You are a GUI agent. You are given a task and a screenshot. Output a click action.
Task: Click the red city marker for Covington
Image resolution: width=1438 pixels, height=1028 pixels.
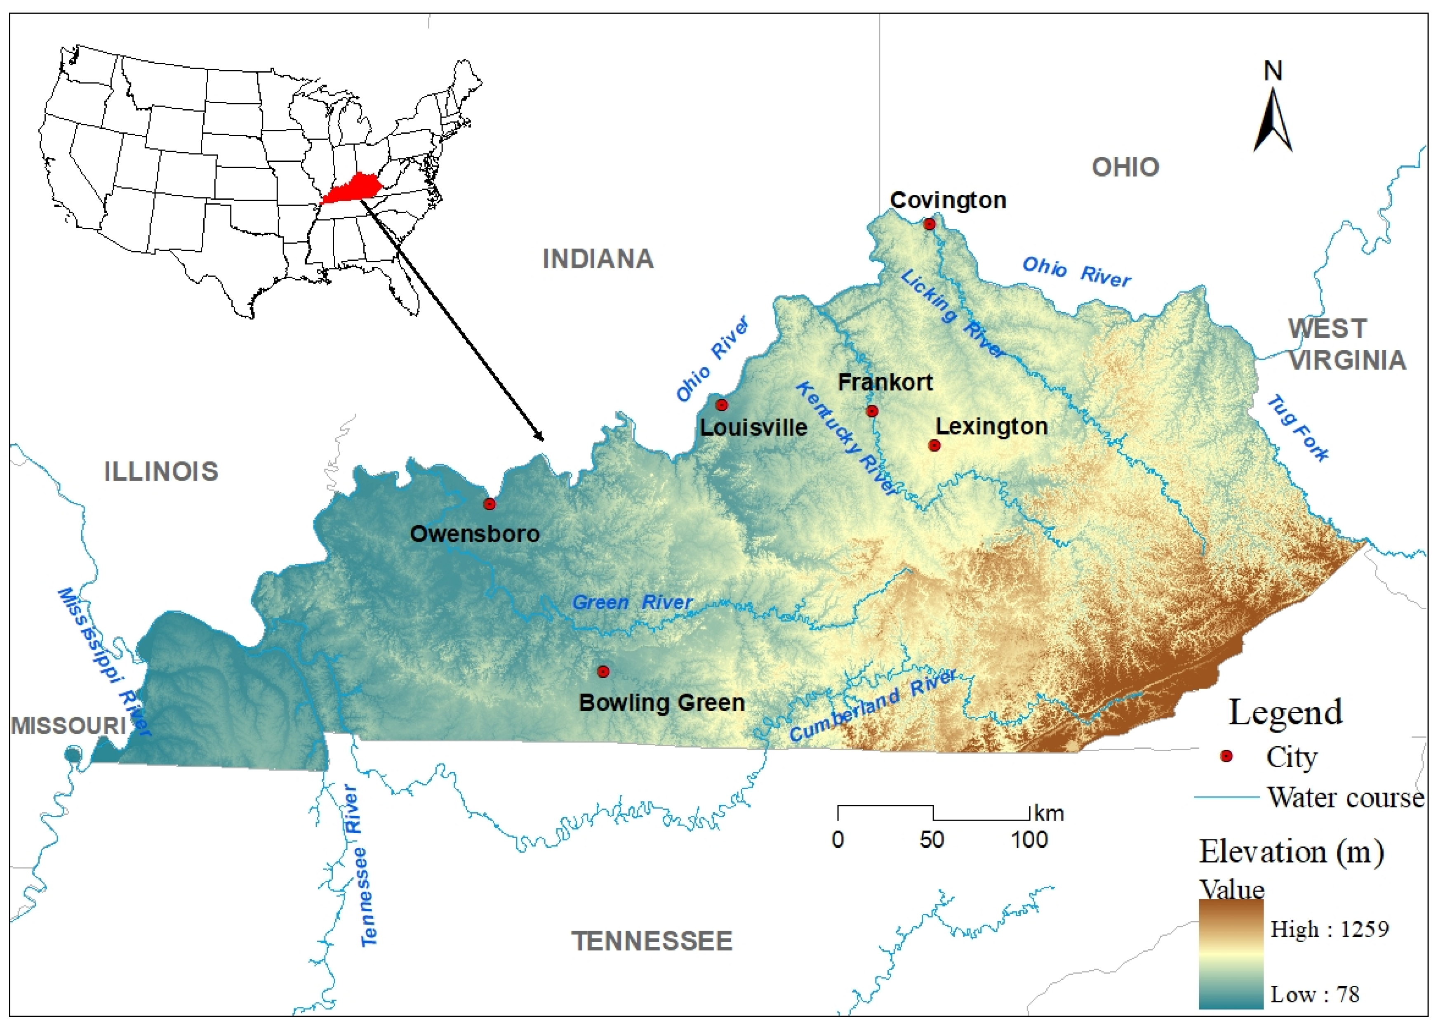(x=929, y=224)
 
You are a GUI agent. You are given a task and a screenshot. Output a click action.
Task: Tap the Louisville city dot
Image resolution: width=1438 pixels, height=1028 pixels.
(x=721, y=405)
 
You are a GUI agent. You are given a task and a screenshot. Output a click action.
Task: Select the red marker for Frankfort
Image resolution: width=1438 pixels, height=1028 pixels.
(x=872, y=411)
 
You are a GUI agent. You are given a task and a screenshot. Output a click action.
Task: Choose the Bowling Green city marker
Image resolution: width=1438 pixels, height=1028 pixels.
(x=603, y=672)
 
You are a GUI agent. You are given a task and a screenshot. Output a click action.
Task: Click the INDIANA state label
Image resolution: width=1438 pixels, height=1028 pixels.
(x=598, y=259)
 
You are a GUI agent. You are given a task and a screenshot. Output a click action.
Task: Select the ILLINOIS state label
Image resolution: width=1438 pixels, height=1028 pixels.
(x=161, y=472)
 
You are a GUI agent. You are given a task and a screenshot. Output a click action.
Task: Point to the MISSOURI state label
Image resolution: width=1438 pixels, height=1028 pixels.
(x=68, y=726)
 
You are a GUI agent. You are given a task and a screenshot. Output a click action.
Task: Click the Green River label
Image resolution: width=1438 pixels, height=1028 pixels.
(x=632, y=603)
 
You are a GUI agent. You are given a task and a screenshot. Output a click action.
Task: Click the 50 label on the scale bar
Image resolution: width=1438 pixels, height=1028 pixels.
(x=932, y=840)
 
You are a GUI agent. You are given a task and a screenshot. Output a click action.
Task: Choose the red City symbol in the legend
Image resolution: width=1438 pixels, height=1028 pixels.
(x=1226, y=756)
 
